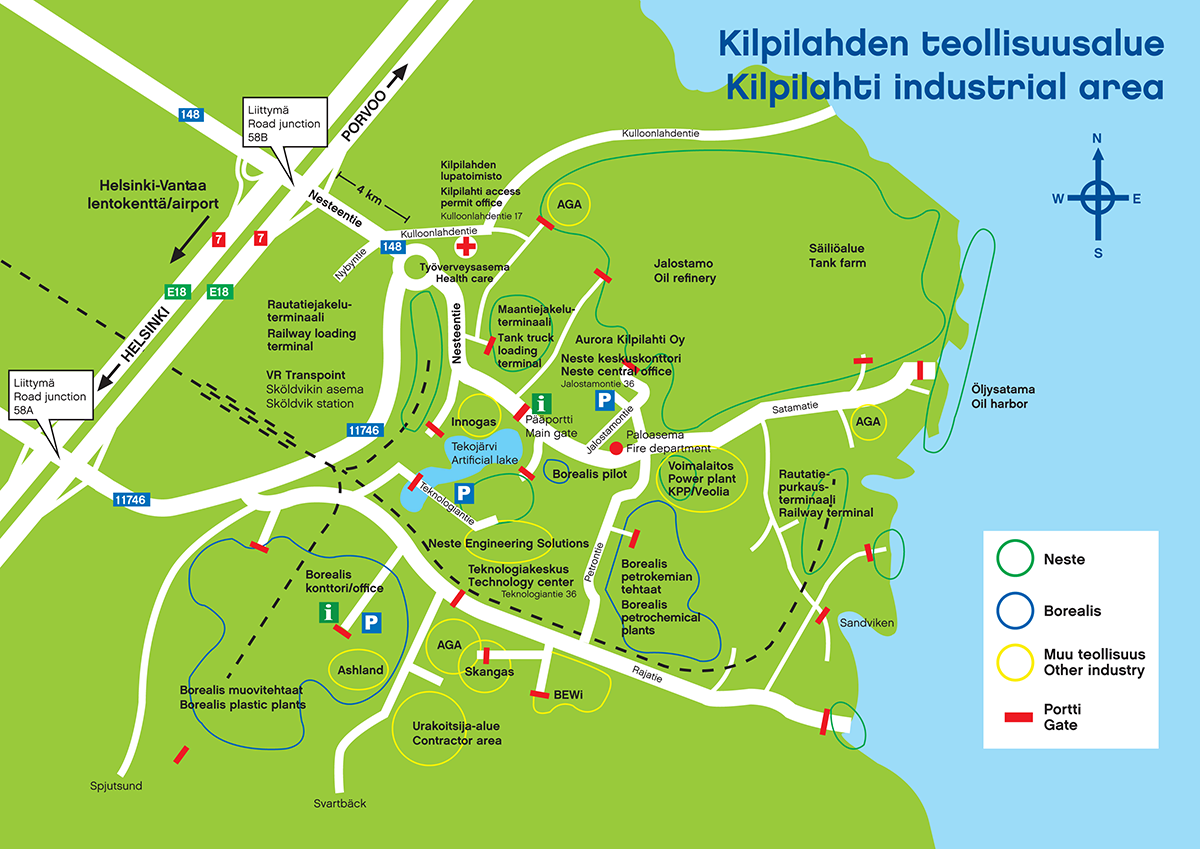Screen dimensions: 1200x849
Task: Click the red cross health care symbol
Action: click(466, 246)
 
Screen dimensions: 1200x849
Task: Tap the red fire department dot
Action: click(616, 448)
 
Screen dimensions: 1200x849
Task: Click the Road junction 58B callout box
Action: click(284, 122)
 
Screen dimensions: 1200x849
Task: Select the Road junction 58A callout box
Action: click(51, 395)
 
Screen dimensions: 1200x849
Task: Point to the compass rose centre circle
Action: click(1097, 198)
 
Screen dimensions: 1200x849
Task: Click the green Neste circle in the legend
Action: click(1015, 558)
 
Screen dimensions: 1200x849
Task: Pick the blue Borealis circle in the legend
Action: click(1015, 610)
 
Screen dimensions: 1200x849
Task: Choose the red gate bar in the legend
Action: click(1018, 717)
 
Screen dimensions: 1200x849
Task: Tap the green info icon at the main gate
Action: click(542, 403)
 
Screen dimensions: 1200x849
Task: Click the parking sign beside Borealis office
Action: click(371, 622)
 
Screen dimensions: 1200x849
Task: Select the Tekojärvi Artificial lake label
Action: click(484, 453)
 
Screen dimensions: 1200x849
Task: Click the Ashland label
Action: click(360, 670)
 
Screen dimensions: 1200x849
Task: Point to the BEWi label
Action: click(568, 695)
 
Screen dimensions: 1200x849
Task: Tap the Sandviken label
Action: click(867, 622)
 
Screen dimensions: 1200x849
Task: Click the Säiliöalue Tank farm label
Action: click(837, 256)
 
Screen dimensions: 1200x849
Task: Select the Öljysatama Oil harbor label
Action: click(1003, 396)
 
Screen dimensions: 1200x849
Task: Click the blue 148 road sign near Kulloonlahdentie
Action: click(393, 246)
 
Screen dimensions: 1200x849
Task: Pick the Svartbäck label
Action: click(340, 803)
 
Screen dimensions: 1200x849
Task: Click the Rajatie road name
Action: click(647, 674)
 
